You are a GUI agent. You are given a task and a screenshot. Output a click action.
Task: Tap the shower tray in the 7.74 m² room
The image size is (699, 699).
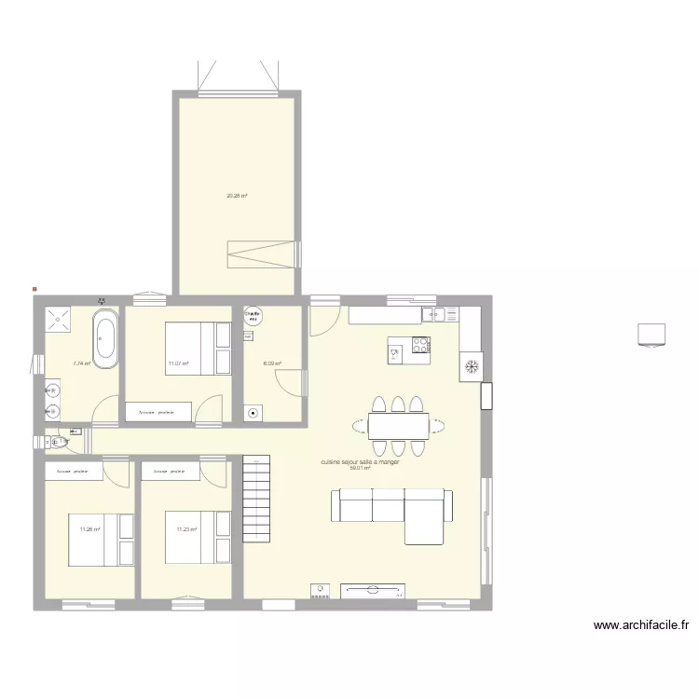point(60,320)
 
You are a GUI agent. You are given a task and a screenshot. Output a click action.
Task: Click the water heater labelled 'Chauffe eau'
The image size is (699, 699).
point(253,316)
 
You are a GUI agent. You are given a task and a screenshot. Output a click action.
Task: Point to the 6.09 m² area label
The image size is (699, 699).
point(271,364)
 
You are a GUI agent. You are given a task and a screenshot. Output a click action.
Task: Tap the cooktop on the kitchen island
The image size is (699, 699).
point(420,348)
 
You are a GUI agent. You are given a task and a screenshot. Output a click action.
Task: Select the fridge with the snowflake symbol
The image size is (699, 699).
point(471,366)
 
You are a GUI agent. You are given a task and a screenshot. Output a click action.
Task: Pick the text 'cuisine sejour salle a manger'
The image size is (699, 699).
point(360,462)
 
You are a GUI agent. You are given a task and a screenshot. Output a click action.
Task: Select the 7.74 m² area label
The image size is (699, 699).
point(81,364)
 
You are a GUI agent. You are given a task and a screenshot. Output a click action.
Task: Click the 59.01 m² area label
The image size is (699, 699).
point(360,469)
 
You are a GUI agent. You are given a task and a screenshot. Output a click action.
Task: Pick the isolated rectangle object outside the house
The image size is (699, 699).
point(651,334)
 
